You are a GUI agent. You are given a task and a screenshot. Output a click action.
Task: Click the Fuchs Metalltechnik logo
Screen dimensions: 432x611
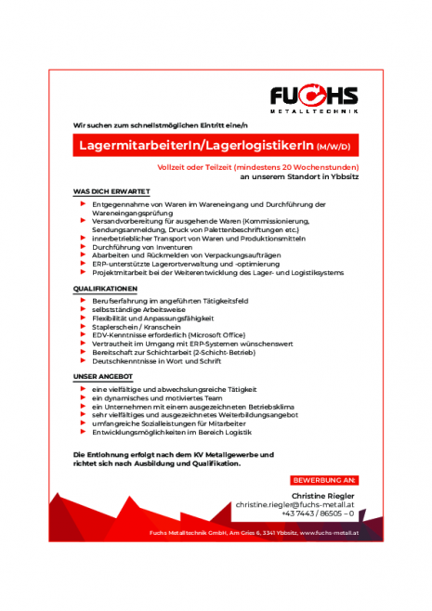[x=313, y=97]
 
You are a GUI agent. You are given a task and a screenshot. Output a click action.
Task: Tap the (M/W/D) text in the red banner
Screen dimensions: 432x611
[x=332, y=147]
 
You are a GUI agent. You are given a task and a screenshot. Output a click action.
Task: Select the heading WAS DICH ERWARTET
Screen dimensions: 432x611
[x=111, y=191]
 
